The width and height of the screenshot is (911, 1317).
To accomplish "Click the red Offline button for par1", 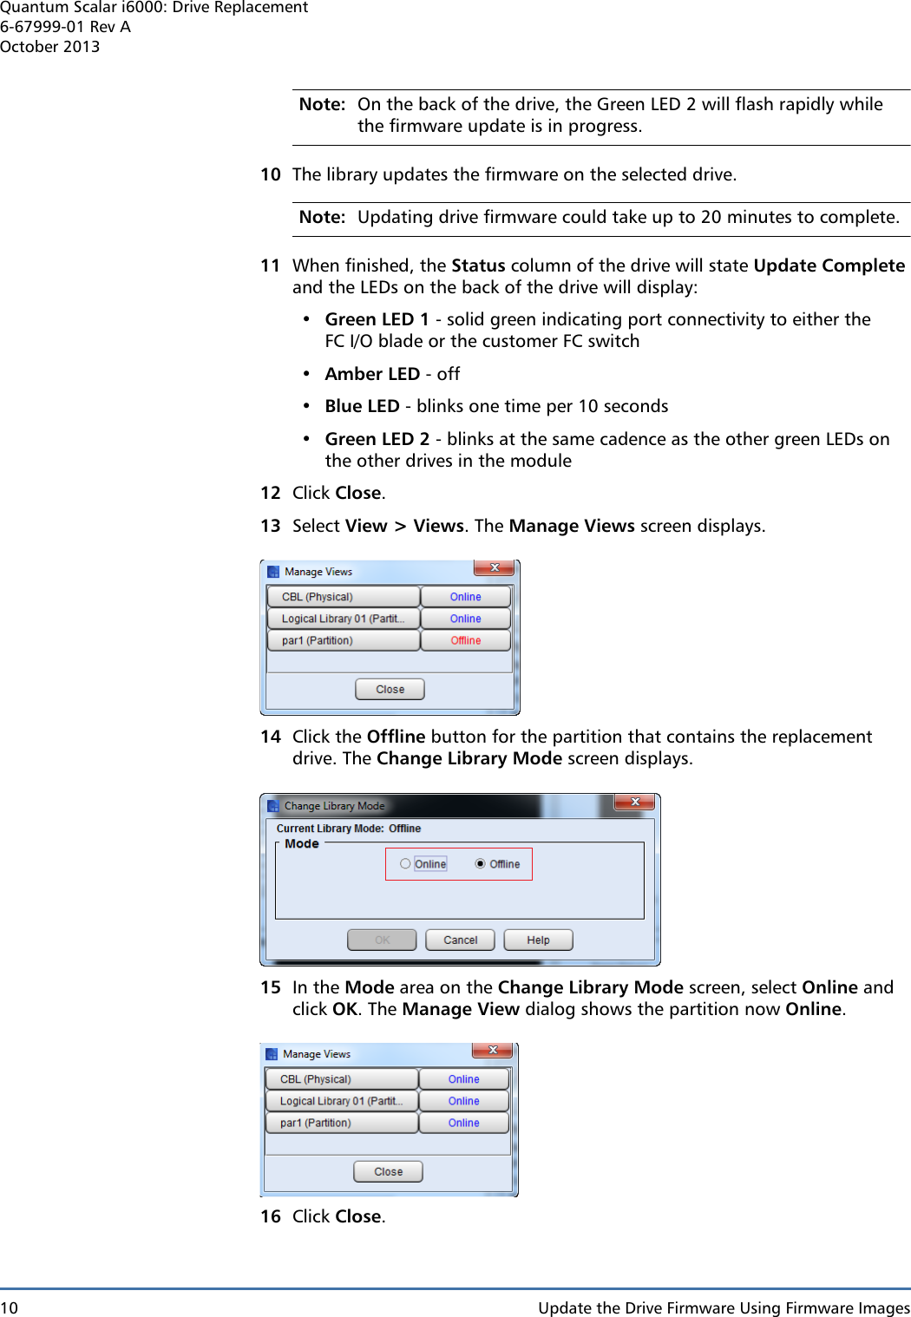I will click(x=465, y=640).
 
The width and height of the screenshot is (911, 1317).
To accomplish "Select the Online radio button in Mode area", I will click(x=406, y=864).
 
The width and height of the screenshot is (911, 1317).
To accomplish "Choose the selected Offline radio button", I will click(x=481, y=864).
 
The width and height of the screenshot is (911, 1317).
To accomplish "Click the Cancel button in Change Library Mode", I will click(x=460, y=940).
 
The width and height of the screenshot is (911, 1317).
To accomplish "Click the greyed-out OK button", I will click(x=382, y=940).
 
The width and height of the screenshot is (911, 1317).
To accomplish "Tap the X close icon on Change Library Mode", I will click(x=634, y=803).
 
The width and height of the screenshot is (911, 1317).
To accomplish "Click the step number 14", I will click(x=271, y=737).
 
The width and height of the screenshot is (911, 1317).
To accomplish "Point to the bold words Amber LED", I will click(x=372, y=374).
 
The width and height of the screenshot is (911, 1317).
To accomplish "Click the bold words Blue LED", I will click(x=362, y=406).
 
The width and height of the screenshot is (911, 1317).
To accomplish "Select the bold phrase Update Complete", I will click(x=829, y=265).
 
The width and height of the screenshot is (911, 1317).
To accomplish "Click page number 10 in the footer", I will click(x=9, y=1307).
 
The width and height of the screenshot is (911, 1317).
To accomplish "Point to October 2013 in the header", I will click(x=49, y=47).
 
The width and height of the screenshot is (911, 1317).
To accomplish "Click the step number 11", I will click(x=271, y=265).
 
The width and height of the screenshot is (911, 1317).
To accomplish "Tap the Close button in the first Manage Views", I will click(x=390, y=689).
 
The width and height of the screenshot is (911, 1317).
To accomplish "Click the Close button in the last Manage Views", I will click(x=388, y=1171).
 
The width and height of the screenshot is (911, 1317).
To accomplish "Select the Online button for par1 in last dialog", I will click(x=463, y=1123).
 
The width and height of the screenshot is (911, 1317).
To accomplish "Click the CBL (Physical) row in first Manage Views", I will click(x=343, y=597).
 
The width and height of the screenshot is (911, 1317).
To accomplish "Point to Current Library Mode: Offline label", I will click(x=349, y=829).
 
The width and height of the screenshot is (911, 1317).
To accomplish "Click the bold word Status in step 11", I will click(x=478, y=265).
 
